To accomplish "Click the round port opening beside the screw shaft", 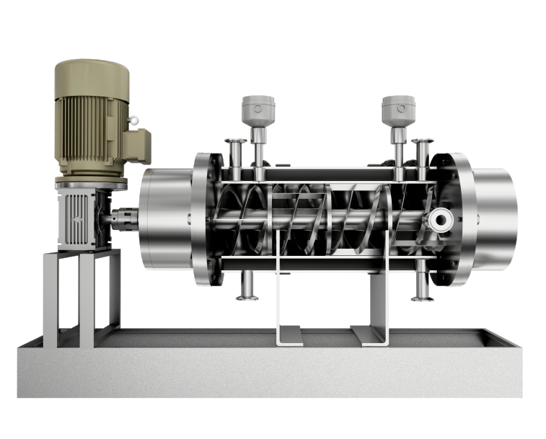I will (439, 218).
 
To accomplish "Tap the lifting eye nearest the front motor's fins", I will (134, 119).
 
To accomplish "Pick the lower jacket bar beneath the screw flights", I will (325, 265).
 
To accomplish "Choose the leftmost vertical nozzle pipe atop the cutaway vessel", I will (235, 155).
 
